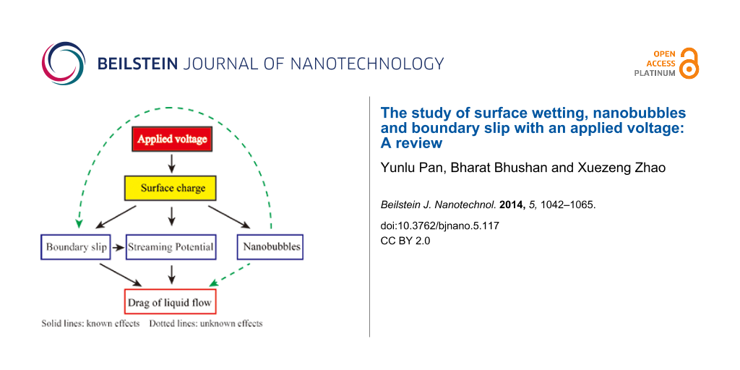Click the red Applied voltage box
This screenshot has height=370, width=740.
click(172, 139)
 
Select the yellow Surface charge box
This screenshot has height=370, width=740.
click(172, 188)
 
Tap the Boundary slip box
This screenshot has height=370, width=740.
click(76, 247)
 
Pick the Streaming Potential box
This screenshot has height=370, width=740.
click(171, 247)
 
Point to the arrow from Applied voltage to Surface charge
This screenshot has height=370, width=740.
click(172, 163)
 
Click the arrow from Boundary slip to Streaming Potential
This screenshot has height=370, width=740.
click(118, 247)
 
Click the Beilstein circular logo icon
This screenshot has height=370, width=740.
click(63, 63)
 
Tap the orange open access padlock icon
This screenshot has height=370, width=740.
click(689, 64)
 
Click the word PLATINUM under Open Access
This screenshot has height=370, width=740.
click(655, 73)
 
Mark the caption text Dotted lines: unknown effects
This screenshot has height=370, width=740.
click(206, 324)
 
